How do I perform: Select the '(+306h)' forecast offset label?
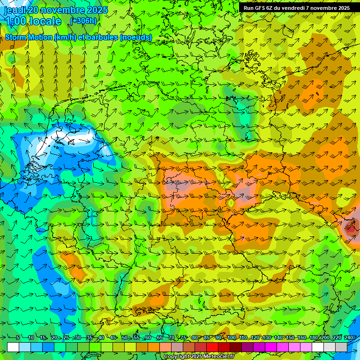(x=83, y=21)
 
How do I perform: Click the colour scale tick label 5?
(x=17, y=338)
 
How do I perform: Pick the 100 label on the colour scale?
(x=232, y=338)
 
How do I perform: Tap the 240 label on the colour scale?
(x=349, y=338)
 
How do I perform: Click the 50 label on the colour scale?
(x=124, y=338)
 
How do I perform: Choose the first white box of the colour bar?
(x=13, y=347)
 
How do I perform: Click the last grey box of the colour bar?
(x=341, y=347)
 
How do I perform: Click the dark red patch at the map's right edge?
(x=350, y=229)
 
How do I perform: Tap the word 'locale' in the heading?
(x=45, y=21)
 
